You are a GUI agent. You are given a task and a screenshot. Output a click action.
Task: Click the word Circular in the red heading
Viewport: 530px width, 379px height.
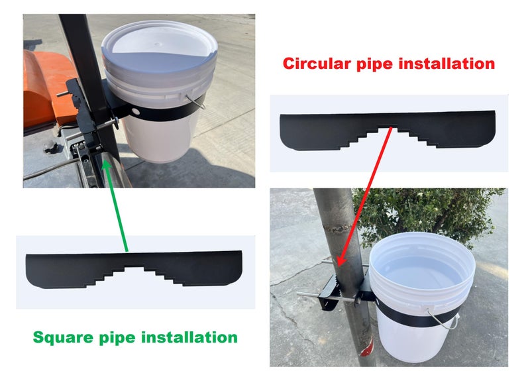coord(316,64)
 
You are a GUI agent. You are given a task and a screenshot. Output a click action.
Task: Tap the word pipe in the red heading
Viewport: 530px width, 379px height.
coord(374,64)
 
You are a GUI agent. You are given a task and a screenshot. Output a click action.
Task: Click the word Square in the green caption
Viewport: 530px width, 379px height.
coord(63,338)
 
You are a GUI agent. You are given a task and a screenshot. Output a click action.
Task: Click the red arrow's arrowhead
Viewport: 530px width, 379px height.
coord(341,260)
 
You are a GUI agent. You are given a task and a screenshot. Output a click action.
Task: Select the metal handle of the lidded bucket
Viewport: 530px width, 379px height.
coord(197,102)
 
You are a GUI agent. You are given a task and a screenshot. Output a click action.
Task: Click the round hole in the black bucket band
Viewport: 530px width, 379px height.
coord(136,111)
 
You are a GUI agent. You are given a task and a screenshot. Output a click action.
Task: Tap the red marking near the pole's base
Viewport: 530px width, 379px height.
coord(367,348)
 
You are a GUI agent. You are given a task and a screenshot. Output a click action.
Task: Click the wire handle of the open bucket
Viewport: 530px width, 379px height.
coord(443,319)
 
